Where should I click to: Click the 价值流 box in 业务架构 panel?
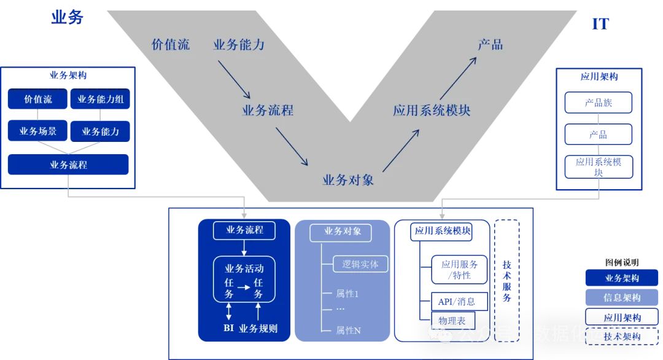(38, 100)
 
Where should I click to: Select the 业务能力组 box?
(101, 100)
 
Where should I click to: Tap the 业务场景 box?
(38, 131)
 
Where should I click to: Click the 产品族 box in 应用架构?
(599, 103)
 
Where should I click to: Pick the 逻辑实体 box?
(356, 264)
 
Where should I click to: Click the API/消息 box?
(456, 302)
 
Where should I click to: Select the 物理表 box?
(452, 320)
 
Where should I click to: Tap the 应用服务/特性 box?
(460, 270)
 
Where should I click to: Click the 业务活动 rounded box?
(244, 280)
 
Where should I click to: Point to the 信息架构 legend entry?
(622, 297)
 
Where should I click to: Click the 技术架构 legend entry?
(622, 336)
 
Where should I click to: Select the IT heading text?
(600, 24)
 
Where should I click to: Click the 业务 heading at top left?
(67, 17)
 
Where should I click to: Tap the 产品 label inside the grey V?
(490, 44)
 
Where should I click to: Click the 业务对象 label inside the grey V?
(348, 180)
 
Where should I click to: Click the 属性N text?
(348, 331)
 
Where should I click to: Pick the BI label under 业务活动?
(228, 328)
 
